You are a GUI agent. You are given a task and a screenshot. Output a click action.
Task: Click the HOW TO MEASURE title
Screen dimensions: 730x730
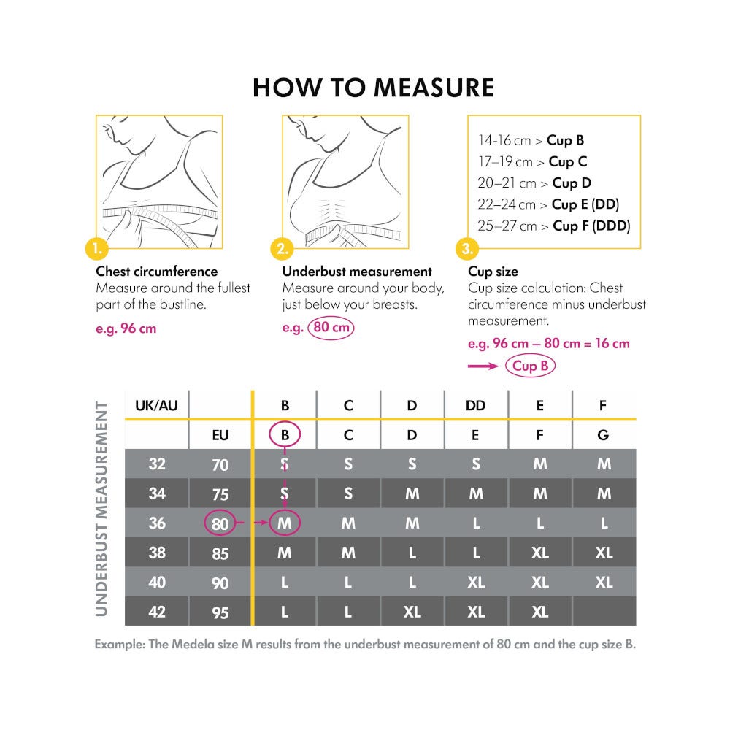coord(373,88)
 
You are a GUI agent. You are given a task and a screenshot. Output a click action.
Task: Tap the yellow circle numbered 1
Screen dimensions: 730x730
coord(97,250)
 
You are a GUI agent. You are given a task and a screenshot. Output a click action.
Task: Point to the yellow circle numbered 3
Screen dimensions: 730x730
coord(468,250)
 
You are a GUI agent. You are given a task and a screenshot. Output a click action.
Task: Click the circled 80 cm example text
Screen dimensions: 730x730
coord(331,327)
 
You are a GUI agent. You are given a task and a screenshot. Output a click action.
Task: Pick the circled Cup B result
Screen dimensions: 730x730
coord(530,366)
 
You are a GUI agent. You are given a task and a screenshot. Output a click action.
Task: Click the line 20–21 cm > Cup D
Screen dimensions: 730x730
coord(534,182)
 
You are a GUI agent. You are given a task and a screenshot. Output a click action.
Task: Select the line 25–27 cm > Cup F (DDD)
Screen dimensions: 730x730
coord(554,226)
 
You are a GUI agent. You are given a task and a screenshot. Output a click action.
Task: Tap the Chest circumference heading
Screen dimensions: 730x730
coord(157,272)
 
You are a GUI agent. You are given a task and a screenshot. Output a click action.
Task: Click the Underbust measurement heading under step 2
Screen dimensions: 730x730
coord(357,272)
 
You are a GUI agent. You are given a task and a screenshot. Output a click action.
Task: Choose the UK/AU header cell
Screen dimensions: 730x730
coord(157,405)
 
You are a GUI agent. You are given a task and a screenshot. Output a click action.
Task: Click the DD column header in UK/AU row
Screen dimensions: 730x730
coord(475,405)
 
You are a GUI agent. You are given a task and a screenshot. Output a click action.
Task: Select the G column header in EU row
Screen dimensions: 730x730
coord(603,435)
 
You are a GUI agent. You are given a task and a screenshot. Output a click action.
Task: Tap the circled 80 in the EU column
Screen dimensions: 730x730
coord(220,523)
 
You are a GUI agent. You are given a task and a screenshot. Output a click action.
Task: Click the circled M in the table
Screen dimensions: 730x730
coord(285,523)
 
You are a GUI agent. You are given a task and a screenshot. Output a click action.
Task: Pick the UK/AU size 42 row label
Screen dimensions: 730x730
coord(157,612)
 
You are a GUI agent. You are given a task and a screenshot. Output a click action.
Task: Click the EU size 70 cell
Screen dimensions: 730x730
coord(220,464)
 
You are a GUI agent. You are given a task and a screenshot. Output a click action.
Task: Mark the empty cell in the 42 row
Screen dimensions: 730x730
coord(603,612)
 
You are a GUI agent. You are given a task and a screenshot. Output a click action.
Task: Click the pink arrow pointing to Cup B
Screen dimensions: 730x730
coord(483,366)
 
